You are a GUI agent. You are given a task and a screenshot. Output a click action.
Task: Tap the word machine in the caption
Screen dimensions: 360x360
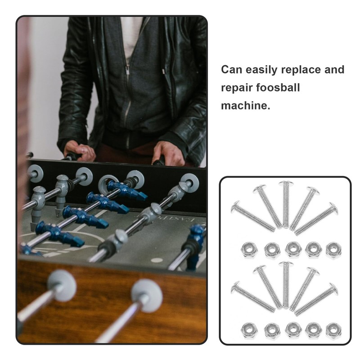click(245, 106)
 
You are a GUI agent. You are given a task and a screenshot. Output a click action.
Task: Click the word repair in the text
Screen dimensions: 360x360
click(234, 88)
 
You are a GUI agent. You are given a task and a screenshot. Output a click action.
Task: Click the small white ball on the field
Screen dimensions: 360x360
click(157, 260)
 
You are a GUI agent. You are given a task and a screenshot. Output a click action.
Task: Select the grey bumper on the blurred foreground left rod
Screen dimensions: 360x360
click(62, 285)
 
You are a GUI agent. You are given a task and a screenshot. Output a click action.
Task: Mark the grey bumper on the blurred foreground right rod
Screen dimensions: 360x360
click(147, 295)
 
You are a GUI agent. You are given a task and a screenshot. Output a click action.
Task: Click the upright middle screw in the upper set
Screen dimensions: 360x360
click(285, 204)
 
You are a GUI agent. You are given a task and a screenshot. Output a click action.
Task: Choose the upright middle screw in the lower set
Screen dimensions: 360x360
click(285, 284)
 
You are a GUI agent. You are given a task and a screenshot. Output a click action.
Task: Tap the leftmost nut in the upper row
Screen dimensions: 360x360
click(249, 250)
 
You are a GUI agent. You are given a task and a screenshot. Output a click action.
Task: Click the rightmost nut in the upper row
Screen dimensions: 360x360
click(333, 250)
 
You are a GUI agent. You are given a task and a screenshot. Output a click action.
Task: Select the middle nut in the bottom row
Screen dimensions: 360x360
click(293, 330)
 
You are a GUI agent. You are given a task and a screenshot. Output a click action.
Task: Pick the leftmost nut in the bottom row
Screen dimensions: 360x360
click(249, 330)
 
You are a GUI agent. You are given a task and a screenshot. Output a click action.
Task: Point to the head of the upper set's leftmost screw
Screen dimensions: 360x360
click(235, 207)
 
